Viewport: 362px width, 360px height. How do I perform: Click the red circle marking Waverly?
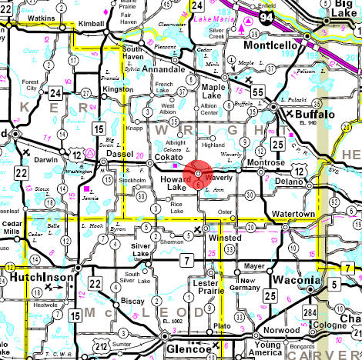pyautogui.click(x=199, y=174)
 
